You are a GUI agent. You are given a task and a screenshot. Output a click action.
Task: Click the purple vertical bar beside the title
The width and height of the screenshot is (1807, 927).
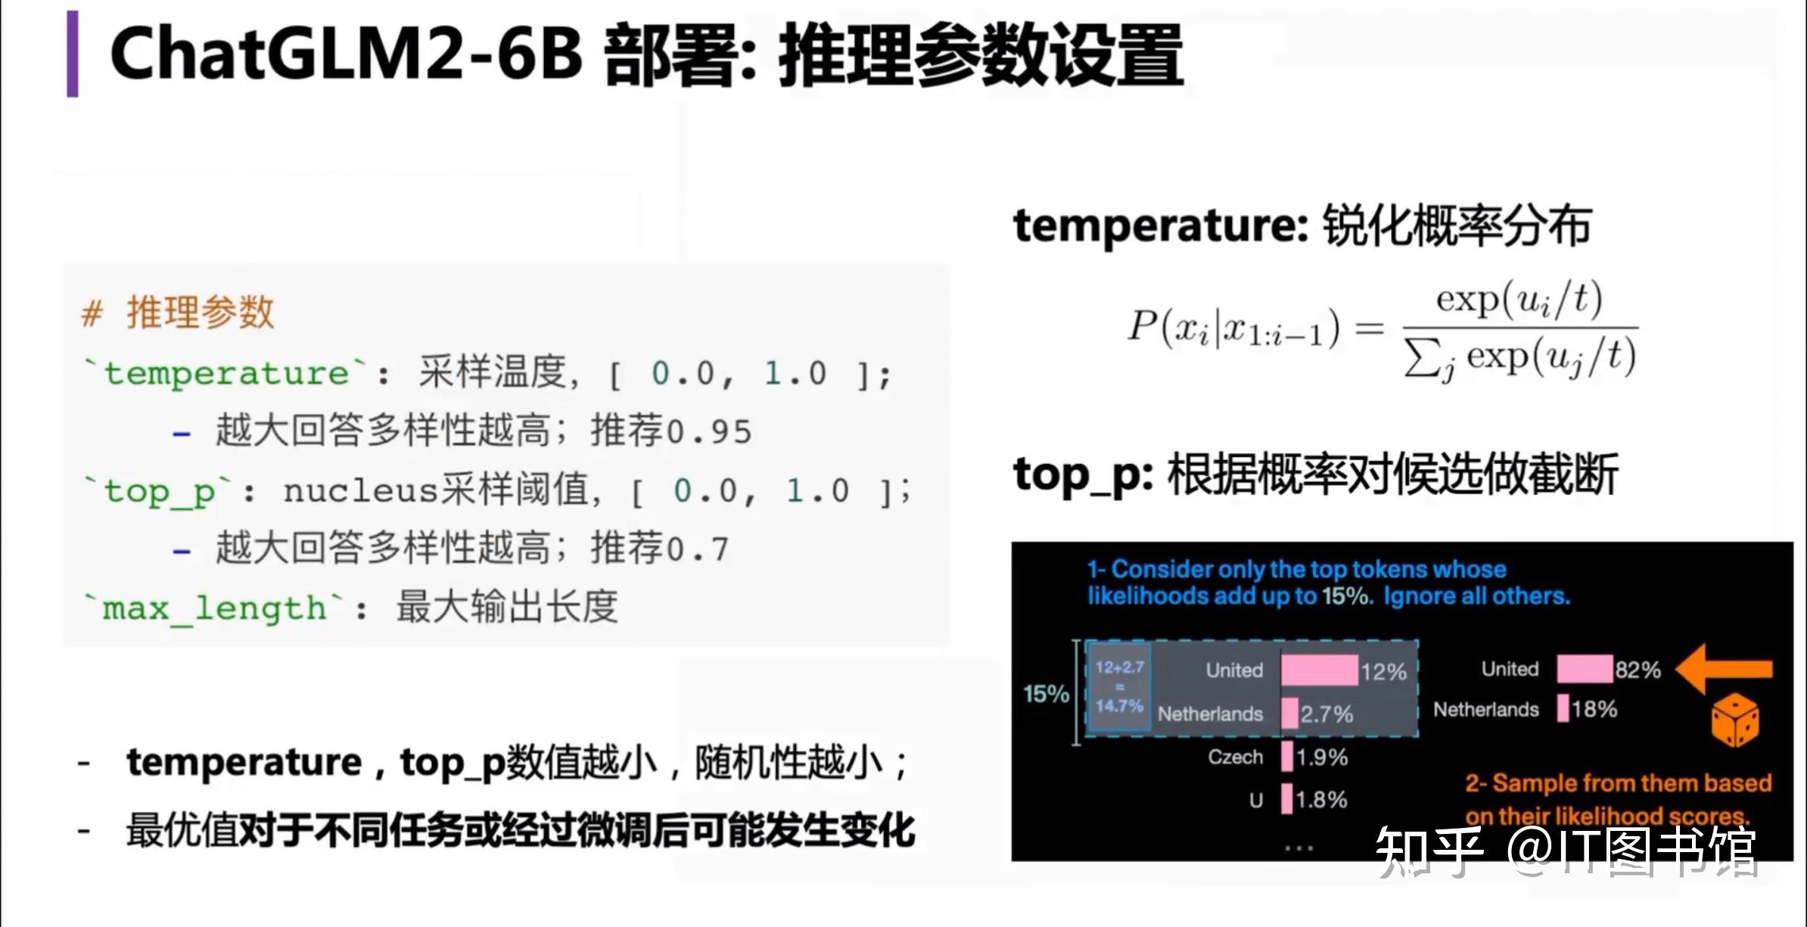(x=73, y=54)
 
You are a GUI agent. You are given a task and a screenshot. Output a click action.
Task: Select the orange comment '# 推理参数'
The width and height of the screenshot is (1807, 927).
(x=178, y=313)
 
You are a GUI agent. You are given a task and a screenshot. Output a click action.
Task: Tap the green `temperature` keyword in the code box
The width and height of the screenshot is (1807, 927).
(x=225, y=373)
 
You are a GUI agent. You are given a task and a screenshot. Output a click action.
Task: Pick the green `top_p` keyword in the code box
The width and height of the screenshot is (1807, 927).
(x=160, y=491)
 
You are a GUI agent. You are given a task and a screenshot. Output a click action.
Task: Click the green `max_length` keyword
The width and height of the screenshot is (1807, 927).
(x=214, y=608)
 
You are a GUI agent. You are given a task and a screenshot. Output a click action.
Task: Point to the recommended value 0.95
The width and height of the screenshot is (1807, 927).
(x=709, y=432)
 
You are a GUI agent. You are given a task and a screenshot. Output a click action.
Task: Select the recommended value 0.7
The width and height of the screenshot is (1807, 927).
(x=698, y=549)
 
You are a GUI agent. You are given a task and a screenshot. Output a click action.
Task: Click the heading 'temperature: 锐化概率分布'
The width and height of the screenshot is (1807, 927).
(x=1302, y=226)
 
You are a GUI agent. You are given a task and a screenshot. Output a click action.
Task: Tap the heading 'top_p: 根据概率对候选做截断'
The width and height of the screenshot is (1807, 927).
(x=1315, y=474)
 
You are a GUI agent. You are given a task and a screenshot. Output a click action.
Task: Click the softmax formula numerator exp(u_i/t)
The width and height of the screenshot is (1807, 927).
(x=1519, y=299)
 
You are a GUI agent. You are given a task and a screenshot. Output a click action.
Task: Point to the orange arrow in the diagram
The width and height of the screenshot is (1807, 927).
(x=1724, y=668)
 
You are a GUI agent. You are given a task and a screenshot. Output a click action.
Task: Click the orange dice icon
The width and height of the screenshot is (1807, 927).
(x=1734, y=720)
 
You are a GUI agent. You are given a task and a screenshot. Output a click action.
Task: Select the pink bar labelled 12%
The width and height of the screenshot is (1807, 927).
(x=1319, y=670)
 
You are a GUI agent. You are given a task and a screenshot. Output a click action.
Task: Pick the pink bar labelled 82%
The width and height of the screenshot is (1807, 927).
(x=1584, y=669)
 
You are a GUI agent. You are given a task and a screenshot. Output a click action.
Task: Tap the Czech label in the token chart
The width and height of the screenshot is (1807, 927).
(x=1235, y=757)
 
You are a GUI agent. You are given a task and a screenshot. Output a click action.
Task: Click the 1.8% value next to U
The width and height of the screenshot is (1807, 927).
(x=1321, y=800)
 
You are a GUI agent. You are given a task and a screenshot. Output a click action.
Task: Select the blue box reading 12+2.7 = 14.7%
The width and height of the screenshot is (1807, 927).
(x=1118, y=686)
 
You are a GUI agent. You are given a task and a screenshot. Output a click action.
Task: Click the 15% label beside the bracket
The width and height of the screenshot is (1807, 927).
(x=1046, y=694)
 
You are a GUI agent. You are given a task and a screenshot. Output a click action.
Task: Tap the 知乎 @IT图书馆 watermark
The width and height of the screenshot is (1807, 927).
(x=1565, y=851)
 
